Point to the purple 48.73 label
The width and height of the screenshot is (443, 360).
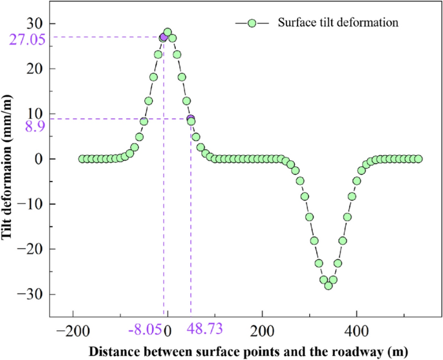click(204, 330)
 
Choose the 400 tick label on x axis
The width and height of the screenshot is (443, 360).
click(356, 330)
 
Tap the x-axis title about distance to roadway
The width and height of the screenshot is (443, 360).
click(248, 352)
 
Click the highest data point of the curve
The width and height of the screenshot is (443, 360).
click(167, 32)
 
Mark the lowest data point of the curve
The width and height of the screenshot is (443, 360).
click(329, 286)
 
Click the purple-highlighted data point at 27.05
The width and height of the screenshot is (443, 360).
click(164, 37)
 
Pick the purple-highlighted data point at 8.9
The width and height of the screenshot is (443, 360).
click(191, 119)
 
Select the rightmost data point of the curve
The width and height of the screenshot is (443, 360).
click(418, 159)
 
